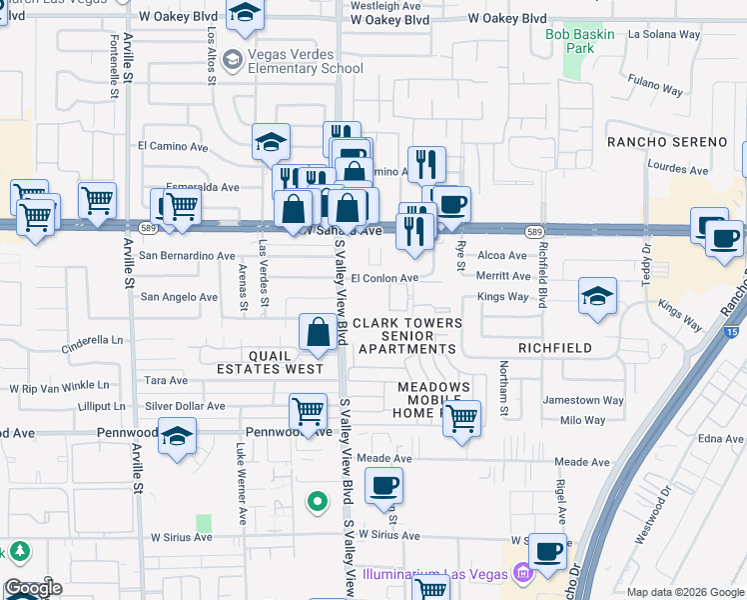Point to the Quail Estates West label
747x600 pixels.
[x=270, y=362]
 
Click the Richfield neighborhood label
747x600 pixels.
[x=554, y=348]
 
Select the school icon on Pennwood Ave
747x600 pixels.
[x=178, y=437]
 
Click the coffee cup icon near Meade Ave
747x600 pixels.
[x=383, y=487]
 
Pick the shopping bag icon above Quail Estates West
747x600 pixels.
[x=318, y=333]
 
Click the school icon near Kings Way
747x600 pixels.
[x=596, y=296]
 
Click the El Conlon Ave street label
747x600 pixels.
[x=383, y=278]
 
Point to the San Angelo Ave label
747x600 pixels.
[x=179, y=297]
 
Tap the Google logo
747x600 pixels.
[x=34, y=588]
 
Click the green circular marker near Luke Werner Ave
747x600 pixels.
[x=318, y=501]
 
